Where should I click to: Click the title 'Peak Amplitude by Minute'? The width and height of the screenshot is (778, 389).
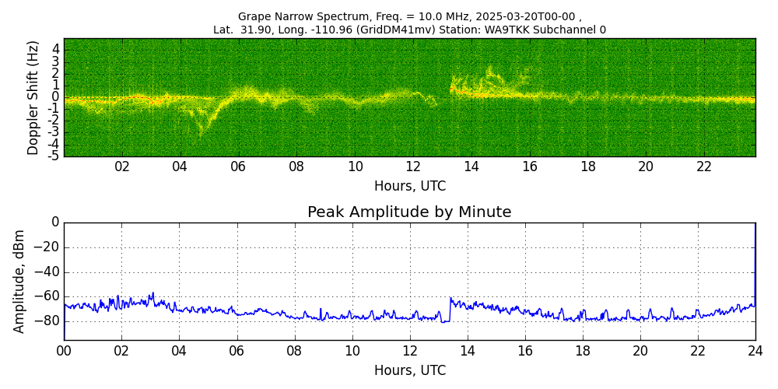click(409, 212)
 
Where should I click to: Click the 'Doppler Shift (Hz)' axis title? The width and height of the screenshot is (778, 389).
click(33, 97)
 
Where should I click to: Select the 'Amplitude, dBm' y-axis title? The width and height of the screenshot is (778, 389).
click(19, 281)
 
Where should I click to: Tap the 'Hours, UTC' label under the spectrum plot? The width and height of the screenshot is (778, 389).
click(409, 187)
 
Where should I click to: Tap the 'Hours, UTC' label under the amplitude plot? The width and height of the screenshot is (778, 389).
click(409, 370)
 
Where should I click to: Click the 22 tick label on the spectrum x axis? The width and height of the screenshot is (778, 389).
click(704, 166)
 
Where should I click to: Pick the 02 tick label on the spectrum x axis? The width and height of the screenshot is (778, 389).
click(122, 166)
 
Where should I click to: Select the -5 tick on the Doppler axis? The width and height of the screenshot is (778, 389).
click(54, 156)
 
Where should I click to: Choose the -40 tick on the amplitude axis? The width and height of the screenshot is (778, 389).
click(45, 272)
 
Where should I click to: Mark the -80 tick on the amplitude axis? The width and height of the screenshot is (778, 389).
click(45, 321)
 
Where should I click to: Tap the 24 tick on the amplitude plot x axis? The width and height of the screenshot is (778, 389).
click(755, 351)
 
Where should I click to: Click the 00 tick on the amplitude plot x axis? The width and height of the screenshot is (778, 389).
click(64, 351)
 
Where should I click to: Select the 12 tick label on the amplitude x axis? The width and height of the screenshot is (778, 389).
click(410, 351)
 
